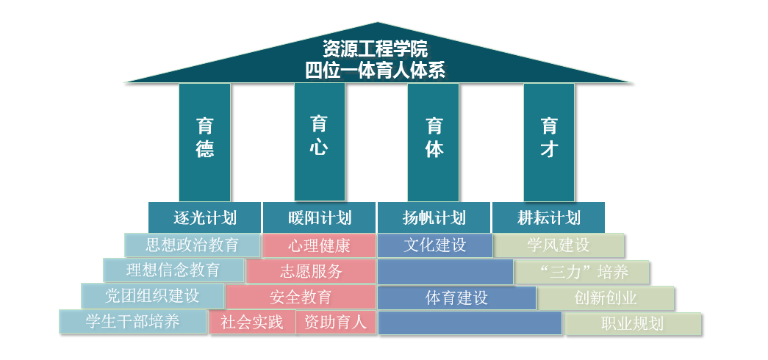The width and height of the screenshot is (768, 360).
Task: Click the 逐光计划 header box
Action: (x=205, y=218)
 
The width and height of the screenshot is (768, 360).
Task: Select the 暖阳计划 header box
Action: (x=320, y=218)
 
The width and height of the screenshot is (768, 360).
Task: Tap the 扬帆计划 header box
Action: (x=434, y=218)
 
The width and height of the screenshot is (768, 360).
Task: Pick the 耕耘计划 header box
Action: (x=548, y=218)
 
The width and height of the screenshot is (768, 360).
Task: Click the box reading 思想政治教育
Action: (x=192, y=245)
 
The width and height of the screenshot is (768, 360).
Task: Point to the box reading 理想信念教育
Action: (x=173, y=270)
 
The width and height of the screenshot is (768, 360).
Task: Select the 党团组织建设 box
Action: (x=152, y=296)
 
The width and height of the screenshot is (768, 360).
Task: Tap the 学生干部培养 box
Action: (x=133, y=322)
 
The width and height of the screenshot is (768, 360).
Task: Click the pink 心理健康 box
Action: (x=319, y=245)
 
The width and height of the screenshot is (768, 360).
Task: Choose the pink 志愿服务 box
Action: (x=311, y=272)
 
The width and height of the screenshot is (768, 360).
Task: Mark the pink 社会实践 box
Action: (x=252, y=323)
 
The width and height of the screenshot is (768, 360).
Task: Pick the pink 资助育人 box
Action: (x=335, y=323)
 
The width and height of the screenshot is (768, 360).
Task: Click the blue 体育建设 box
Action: (x=456, y=298)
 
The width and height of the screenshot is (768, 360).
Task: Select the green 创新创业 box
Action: (x=606, y=298)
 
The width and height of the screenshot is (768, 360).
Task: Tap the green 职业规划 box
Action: (x=632, y=323)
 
